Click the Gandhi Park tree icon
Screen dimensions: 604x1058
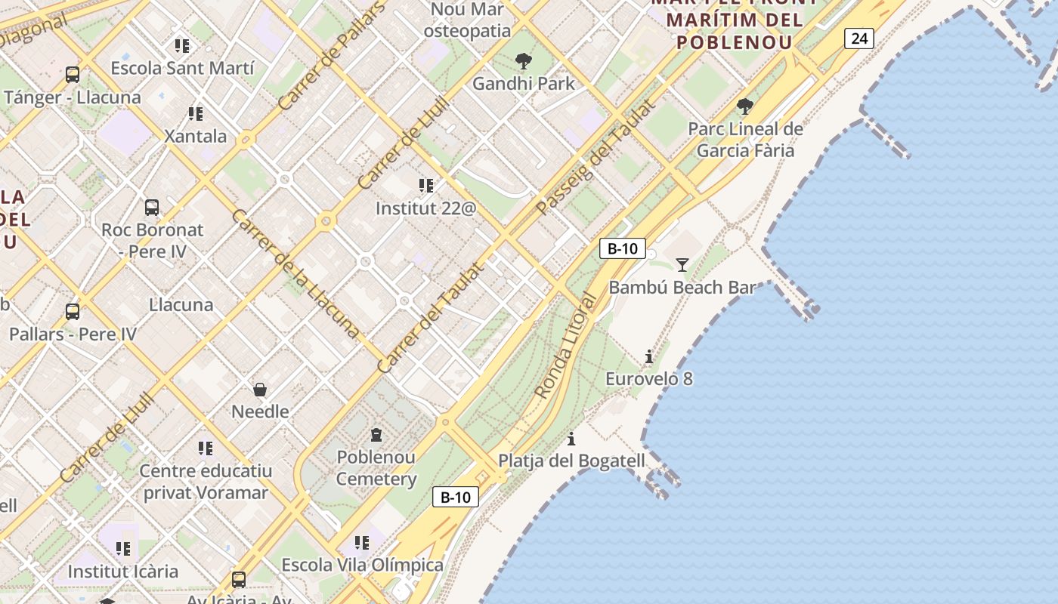click(523, 61)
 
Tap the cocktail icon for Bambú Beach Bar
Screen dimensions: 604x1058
click(682, 264)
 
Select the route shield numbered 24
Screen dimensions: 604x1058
click(859, 39)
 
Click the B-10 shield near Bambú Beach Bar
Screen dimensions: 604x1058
click(623, 248)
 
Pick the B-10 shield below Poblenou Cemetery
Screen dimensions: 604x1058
click(456, 497)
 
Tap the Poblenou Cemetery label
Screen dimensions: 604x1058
click(376, 468)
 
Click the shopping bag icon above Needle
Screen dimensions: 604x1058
click(260, 390)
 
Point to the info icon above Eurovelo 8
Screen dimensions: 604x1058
click(648, 356)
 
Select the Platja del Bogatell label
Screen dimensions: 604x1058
click(572, 461)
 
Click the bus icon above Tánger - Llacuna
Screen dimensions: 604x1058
click(73, 75)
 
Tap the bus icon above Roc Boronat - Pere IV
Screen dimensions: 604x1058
click(152, 207)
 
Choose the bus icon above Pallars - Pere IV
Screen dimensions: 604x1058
click(73, 311)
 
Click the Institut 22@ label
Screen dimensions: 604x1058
click(426, 208)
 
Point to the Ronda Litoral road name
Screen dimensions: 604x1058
click(565, 346)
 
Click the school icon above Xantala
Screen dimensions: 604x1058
click(196, 114)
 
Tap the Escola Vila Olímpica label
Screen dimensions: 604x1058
click(363, 565)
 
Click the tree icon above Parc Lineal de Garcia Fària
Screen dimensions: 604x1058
click(745, 106)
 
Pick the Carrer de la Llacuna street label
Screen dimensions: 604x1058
click(294, 273)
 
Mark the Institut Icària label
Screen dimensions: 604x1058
click(123, 572)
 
